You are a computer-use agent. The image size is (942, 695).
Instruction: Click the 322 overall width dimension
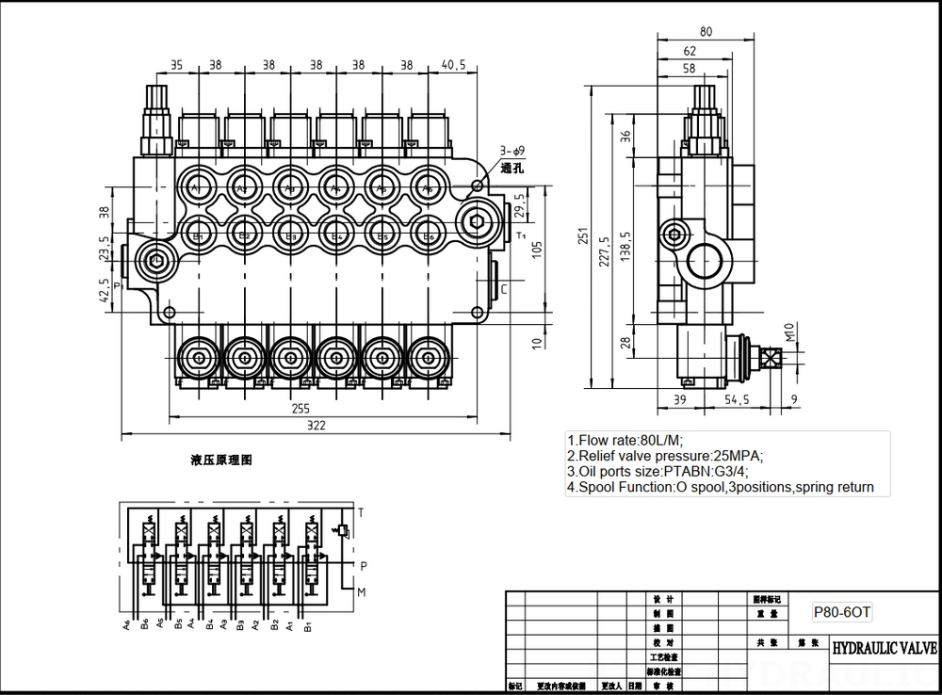tap(316, 426)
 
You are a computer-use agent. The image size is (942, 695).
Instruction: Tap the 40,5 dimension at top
tap(454, 66)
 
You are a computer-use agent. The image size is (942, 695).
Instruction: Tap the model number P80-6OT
tap(842, 611)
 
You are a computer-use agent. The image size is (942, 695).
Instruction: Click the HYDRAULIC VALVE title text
tap(883, 649)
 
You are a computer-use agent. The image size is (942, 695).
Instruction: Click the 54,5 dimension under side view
tap(737, 400)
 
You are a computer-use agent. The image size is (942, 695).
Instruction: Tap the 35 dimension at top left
tap(175, 66)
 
